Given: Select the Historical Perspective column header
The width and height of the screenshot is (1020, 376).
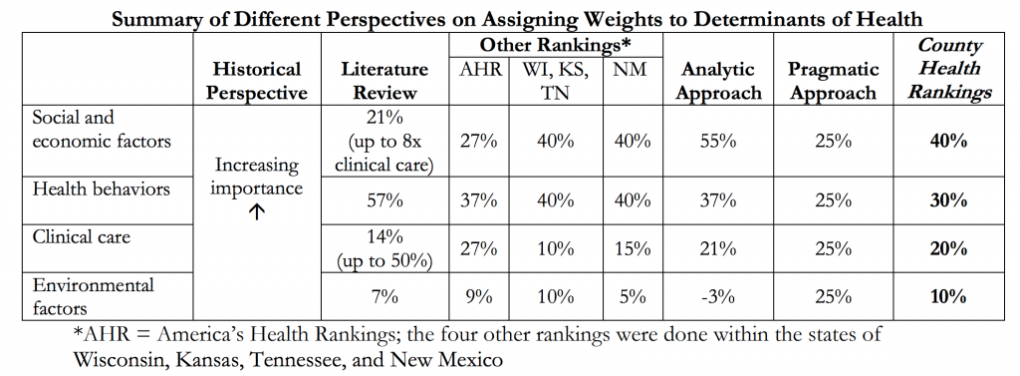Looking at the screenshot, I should (256, 81).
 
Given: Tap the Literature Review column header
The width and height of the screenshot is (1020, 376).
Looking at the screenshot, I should (384, 81).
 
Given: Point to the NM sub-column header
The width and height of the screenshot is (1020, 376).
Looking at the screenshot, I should (631, 70).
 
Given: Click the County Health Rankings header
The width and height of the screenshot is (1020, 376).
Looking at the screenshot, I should (948, 69).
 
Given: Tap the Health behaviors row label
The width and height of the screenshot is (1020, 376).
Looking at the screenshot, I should (89, 188).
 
